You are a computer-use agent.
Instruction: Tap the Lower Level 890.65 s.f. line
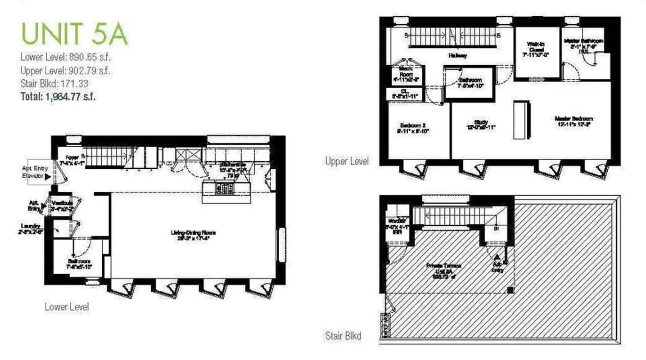point(66,57)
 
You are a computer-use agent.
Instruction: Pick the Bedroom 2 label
point(413,128)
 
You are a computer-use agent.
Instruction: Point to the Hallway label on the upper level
point(457,56)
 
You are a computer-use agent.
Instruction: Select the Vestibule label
point(60,206)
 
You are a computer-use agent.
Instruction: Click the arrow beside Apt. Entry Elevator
point(48,176)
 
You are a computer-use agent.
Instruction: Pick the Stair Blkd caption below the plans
point(343,336)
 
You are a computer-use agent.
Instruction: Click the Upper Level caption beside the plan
point(347,161)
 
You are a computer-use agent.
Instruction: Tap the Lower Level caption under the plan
point(67,307)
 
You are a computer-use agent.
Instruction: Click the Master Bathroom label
point(583,44)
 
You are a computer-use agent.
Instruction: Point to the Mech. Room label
point(406,72)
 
